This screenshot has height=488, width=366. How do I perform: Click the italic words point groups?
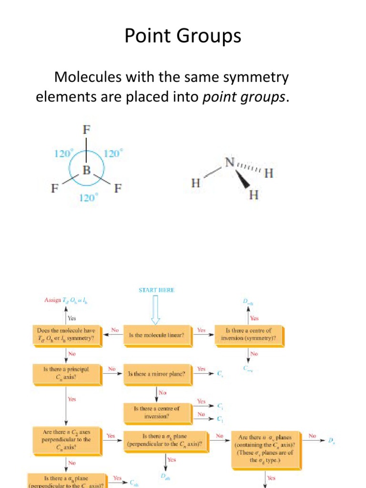coord(245,97)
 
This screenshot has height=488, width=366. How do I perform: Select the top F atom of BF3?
coord(86,129)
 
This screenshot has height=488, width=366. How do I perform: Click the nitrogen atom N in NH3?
coord(230,163)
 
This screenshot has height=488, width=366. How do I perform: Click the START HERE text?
coord(156,290)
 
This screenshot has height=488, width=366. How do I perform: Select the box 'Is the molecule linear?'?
coord(156,335)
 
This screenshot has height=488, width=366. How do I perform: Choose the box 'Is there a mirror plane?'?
coord(156,374)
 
